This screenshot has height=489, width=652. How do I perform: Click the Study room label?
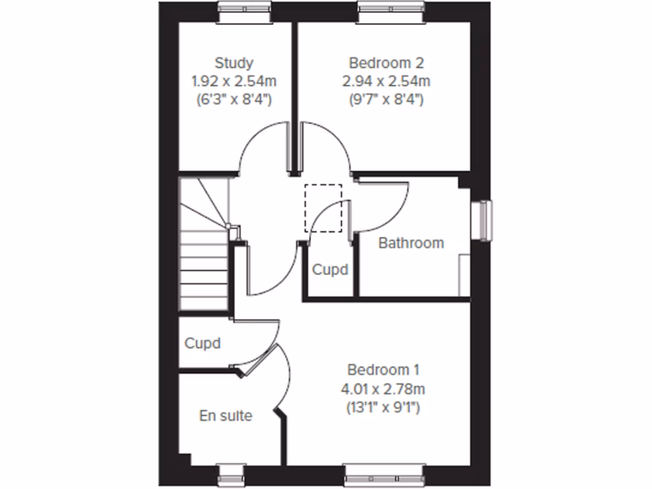click(x=234, y=63)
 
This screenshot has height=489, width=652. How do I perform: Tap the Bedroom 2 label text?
click(x=386, y=63)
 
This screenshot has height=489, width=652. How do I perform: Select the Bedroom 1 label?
click(x=383, y=369)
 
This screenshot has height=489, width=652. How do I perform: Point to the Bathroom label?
click(x=411, y=243)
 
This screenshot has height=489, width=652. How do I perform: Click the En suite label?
click(x=225, y=416)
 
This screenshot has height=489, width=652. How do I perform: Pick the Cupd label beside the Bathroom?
click(x=330, y=269)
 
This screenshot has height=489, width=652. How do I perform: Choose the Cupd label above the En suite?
click(x=202, y=343)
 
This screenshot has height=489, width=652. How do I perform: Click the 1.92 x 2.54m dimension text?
click(x=234, y=81)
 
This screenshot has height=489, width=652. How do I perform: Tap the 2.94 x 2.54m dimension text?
click(x=386, y=81)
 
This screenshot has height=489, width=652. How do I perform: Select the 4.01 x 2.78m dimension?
click(x=383, y=388)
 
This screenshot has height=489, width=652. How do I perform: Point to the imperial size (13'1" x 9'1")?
click(x=383, y=407)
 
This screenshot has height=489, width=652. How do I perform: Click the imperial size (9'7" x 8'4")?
click(x=386, y=99)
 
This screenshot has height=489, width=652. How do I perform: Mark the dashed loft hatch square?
click(x=323, y=208)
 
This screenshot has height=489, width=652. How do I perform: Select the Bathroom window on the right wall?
click(x=485, y=221)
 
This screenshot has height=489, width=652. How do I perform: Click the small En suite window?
click(x=230, y=474)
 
